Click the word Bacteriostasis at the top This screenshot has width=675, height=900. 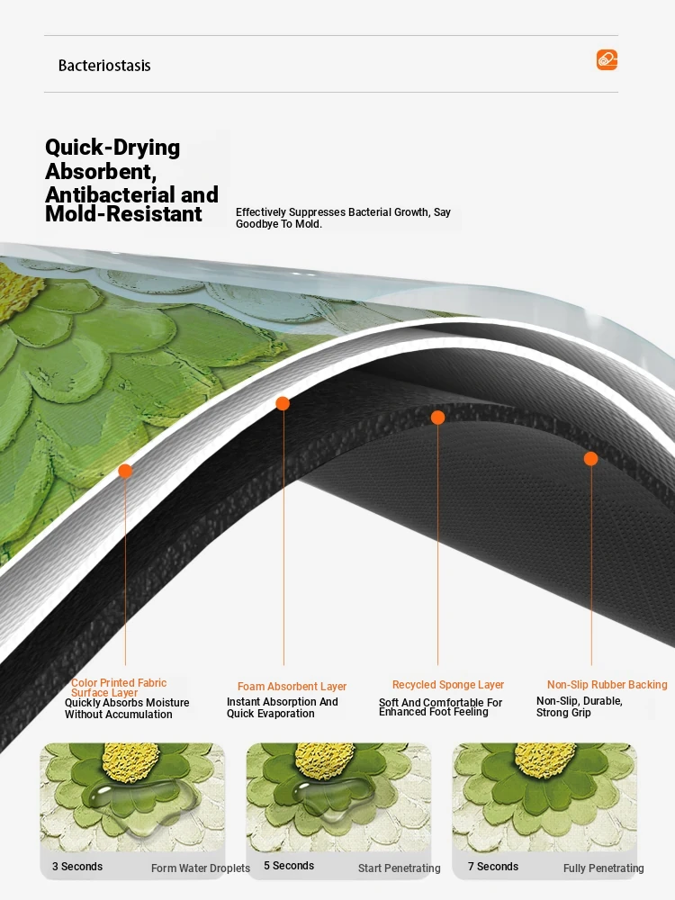(104, 66)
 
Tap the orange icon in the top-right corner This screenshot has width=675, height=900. (607, 59)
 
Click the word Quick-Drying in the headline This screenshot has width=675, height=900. (112, 148)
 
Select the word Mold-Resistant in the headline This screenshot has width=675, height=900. (123, 214)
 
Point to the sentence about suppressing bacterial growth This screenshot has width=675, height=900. (343, 218)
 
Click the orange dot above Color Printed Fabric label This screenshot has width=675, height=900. (125, 472)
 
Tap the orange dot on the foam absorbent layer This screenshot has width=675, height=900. (283, 403)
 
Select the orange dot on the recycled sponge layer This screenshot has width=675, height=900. (438, 418)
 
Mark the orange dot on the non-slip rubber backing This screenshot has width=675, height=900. (590, 459)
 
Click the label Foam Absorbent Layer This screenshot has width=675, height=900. (292, 687)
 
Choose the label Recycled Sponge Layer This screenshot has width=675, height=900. (448, 685)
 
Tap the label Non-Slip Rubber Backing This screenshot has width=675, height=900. (607, 685)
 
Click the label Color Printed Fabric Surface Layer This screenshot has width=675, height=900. (119, 688)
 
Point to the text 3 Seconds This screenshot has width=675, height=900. (77, 867)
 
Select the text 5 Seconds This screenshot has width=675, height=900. (289, 866)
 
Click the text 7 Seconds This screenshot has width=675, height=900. (493, 867)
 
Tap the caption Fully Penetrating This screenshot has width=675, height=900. (603, 868)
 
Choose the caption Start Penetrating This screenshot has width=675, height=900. (400, 868)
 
